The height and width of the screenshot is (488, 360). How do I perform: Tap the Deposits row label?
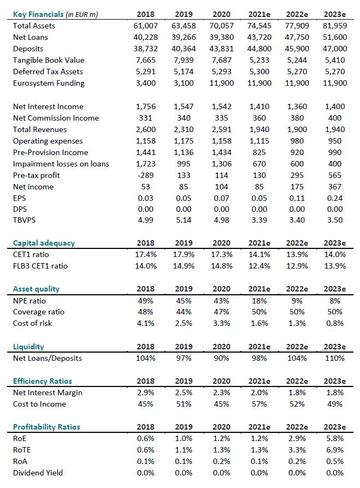point(28,49)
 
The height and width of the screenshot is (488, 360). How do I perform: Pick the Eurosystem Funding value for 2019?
point(183,83)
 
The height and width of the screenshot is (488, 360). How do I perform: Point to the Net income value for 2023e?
point(335,187)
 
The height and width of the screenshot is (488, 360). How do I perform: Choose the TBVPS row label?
point(25,220)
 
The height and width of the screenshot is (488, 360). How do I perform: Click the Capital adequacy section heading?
point(44,243)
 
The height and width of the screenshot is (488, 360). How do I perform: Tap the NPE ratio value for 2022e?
point(297,300)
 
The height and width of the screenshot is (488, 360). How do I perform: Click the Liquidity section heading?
point(28,347)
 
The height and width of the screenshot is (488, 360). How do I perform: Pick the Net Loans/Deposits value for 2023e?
point(334,358)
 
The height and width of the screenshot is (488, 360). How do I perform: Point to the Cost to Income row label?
point(39,404)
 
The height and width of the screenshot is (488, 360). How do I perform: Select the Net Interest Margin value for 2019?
point(184,392)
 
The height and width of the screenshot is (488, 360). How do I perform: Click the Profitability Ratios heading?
point(46,427)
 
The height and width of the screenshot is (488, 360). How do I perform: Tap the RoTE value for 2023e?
point(335,450)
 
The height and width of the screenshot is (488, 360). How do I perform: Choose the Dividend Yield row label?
point(38,473)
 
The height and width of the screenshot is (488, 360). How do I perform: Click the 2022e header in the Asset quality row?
point(297,289)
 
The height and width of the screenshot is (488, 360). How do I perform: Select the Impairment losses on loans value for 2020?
point(221,164)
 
